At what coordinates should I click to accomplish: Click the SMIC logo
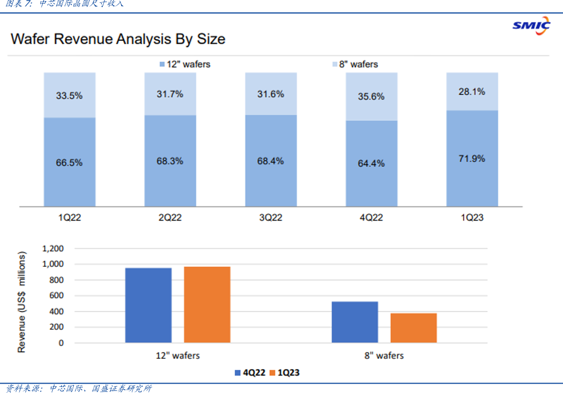[x=531, y=25]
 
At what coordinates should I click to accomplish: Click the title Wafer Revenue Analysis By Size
[x=118, y=39]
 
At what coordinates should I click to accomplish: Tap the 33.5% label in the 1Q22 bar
[x=69, y=96]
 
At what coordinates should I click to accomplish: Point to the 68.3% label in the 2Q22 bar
[x=170, y=161]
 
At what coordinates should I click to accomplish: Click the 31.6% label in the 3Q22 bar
[x=271, y=94]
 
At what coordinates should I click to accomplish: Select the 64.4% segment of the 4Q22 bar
[x=371, y=163]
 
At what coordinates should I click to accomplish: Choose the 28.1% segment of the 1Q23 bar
[x=472, y=91]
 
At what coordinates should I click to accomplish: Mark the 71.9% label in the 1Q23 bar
[x=472, y=159]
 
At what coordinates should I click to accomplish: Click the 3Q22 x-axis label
[x=270, y=218]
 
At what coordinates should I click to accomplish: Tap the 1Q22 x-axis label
[x=69, y=218]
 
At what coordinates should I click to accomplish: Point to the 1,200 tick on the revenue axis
[x=53, y=249]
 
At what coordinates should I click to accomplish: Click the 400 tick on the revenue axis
[x=57, y=311]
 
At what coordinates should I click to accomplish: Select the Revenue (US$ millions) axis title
[x=22, y=301]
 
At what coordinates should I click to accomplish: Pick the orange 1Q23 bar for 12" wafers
[x=207, y=304]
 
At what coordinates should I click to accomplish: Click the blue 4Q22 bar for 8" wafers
[x=355, y=322]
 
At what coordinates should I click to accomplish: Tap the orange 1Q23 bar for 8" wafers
[x=413, y=328]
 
